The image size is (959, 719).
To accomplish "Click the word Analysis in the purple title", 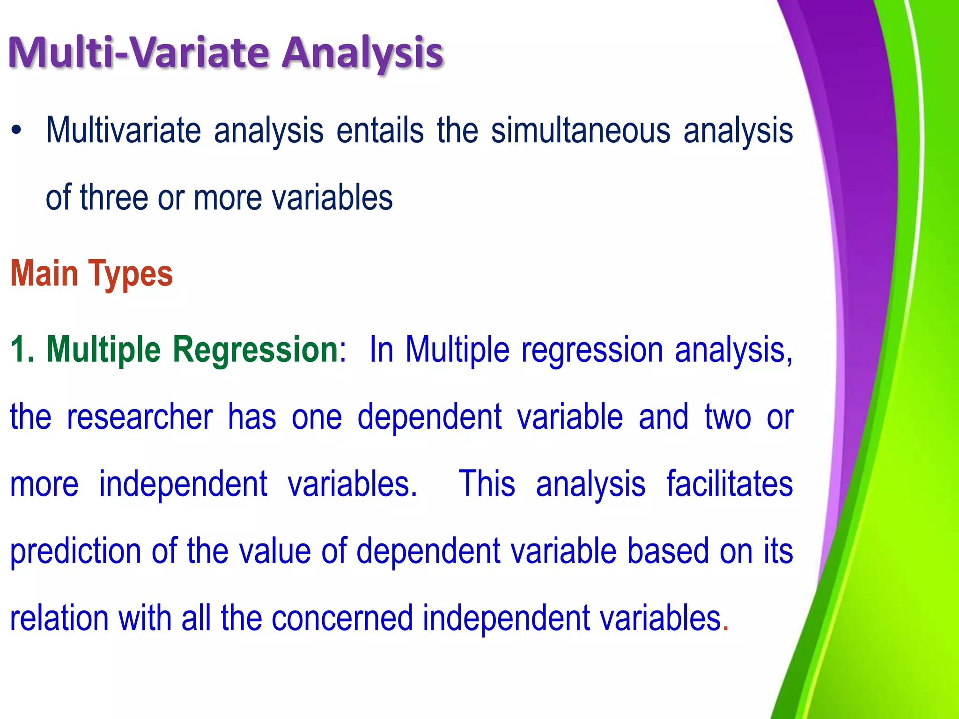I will click(361, 53).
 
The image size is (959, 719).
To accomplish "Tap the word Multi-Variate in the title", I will click(139, 52).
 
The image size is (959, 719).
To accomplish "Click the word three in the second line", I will click(114, 198).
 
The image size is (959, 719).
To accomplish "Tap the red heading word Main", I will click(44, 274).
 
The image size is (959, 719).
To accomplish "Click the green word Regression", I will click(255, 350).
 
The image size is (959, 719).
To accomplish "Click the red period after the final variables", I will click(726, 628).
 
